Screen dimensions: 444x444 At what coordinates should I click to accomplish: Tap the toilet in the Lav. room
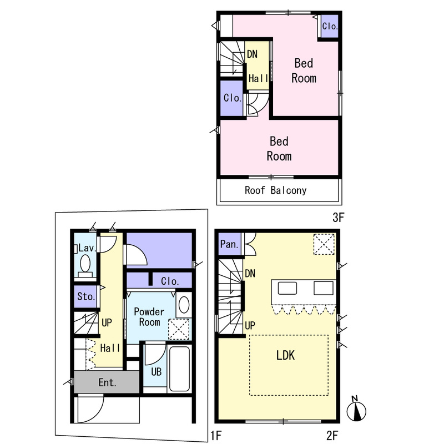coord(85,266)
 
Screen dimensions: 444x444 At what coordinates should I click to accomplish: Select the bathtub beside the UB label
coord(179,369)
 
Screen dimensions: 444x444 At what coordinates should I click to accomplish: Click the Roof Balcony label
coord(275,190)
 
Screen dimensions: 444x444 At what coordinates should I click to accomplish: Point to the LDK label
coord(285,355)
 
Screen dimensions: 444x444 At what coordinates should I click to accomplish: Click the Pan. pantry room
coord(230,244)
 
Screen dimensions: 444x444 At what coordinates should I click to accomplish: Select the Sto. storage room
coord(85,296)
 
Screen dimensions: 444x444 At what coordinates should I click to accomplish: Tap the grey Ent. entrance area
coord(107,382)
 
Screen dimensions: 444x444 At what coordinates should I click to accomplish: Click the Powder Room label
coord(149,317)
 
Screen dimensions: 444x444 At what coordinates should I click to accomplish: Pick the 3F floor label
coord(338,218)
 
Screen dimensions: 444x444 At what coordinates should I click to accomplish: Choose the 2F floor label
coord(332,436)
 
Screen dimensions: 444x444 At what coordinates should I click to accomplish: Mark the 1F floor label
coord(216,436)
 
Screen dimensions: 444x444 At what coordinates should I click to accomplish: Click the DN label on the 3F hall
coord(252,54)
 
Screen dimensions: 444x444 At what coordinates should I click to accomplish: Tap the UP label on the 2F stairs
coord(250,326)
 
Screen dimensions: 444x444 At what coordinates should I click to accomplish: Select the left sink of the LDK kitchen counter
coord(287,288)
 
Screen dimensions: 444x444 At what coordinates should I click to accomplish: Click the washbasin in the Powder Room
coord(184,305)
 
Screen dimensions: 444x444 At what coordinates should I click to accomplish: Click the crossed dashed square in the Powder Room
coord(179,329)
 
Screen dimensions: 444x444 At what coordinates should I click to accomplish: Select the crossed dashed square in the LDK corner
coord(324,244)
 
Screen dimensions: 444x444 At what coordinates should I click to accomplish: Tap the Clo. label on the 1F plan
coord(170,281)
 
